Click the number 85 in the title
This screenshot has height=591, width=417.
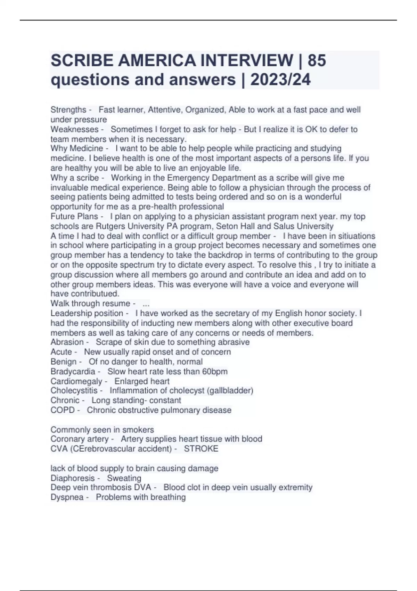point(317,61)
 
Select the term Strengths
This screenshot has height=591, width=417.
point(68,110)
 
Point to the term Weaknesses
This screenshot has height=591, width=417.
point(74,129)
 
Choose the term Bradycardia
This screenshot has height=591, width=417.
point(73,371)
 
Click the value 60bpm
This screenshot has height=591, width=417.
point(215,371)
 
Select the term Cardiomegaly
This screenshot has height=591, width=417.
point(76,381)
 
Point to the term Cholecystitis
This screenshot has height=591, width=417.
point(74,390)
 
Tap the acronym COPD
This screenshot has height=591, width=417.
point(63,410)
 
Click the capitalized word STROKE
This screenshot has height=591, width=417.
point(201,449)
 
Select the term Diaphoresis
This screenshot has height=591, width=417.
point(72,478)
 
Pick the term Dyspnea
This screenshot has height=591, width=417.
point(67,497)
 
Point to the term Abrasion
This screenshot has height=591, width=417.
point(67,342)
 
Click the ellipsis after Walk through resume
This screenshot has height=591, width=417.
point(146,304)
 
